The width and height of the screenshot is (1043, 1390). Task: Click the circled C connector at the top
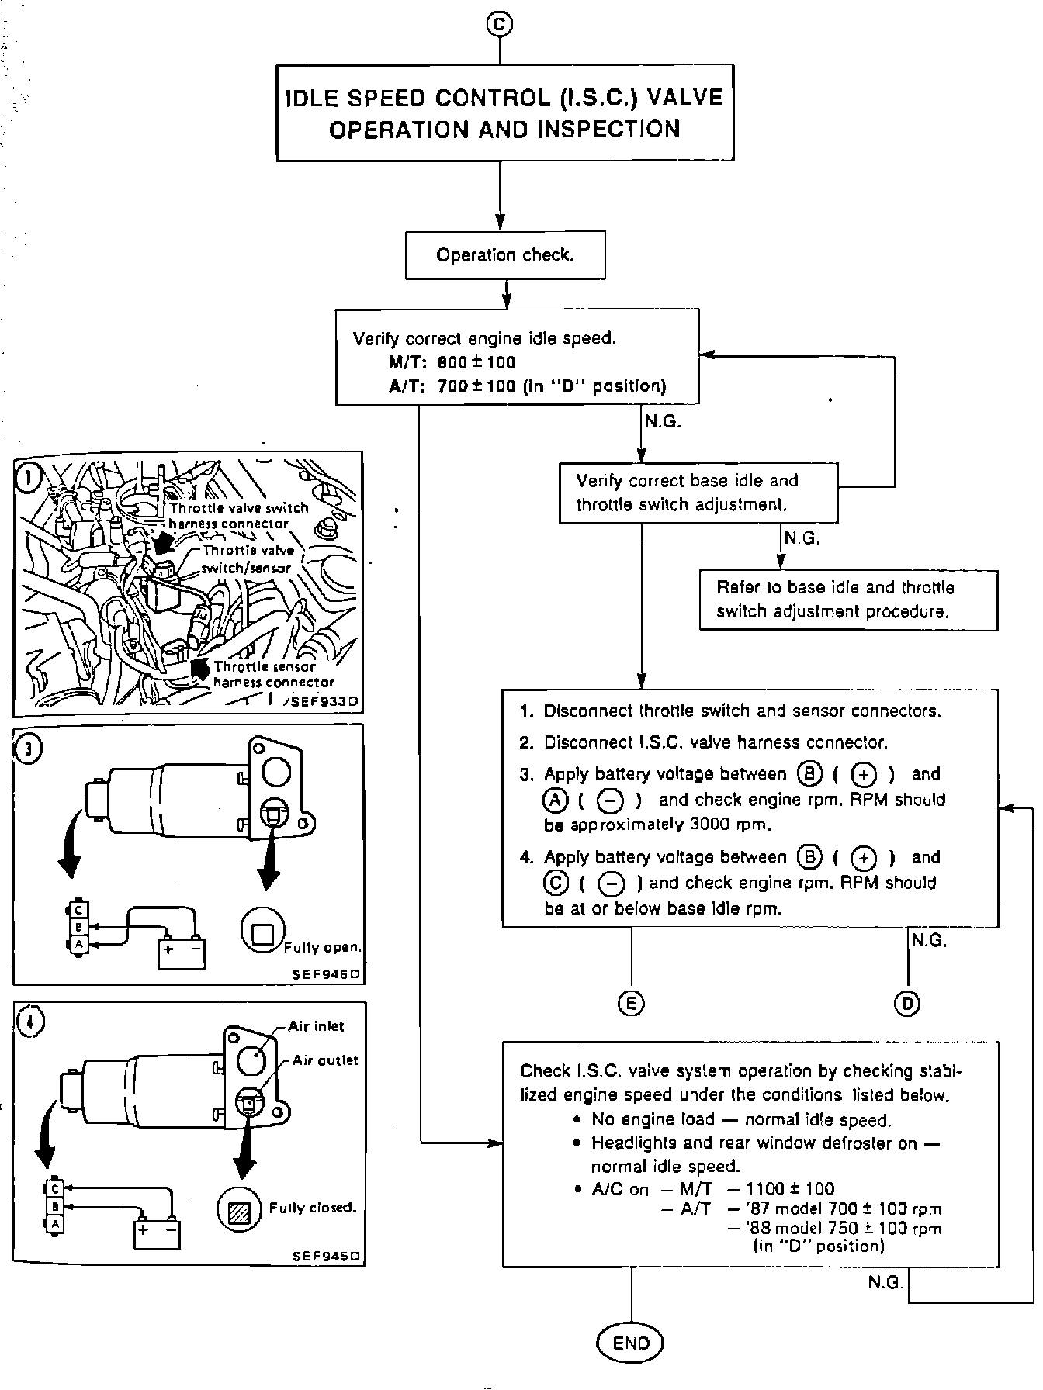(499, 25)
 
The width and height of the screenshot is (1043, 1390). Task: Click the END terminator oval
(631, 1343)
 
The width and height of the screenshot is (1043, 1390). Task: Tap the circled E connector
(631, 1003)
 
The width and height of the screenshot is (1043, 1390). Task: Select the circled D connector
(906, 1004)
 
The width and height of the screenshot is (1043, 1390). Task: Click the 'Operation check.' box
(505, 255)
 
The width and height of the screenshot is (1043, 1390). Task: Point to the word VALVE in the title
(684, 98)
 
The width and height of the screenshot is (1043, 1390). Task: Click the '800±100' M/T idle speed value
(476, 362)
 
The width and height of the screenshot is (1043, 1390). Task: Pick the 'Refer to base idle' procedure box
(847, 600)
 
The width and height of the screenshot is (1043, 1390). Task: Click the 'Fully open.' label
(323, 947)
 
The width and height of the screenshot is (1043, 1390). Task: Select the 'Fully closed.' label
(313, 1208)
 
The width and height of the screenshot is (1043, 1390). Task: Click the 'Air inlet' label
(316, 1026)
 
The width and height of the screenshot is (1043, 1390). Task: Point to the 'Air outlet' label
(325, 1060)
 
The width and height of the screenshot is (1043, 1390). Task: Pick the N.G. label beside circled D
(929, 940)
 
